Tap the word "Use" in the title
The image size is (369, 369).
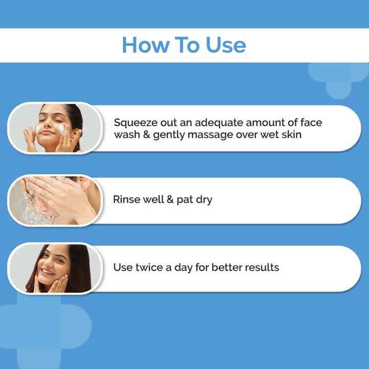tap(225, 45)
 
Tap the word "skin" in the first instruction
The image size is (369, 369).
tap(293, 135)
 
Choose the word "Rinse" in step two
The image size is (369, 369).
tap(126, 199)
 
